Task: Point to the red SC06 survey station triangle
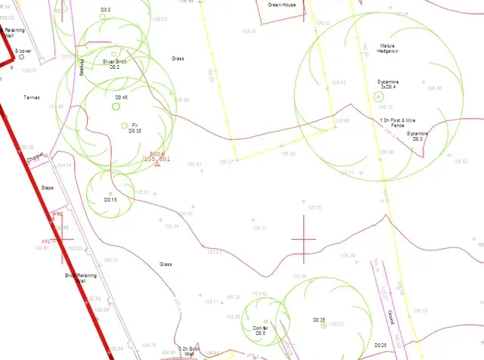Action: click(157, 164)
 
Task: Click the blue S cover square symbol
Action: click(22, 57)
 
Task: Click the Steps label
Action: click(48, 187)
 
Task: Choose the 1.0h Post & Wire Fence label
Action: click(398, 123)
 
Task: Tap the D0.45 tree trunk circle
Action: click(116, 106)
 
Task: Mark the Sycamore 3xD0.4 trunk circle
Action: click(378, 96)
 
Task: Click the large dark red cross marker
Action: click(303, 239)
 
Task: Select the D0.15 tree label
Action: click(110, 200)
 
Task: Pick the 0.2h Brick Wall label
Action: click(189, 351)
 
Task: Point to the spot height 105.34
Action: click(171, 226)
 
